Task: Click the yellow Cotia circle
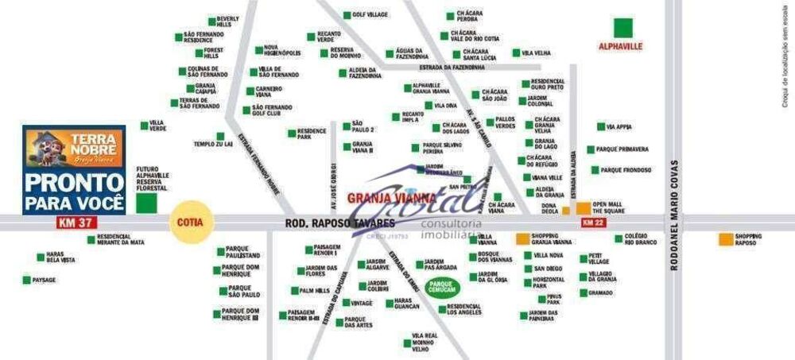pyautogui.click(x=191, y=222)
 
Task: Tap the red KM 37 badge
pyautogui.click(x=73, y=223)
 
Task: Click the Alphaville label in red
pyautogui.click(x=620, y=47)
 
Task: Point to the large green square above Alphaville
pyautogui.click(x=622, y=27)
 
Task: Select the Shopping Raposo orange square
pyautogui.click(x=726, y=238)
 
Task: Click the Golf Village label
pyautogui.click(x=370, y=15)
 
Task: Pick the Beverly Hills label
pyautogui.click(x=227, y=21)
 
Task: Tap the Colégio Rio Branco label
pyautogui.click(x=641, y=238)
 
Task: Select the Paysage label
pyautogui.click(x=45, y=280)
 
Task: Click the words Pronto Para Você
pyautogui.click(x=74, y=192)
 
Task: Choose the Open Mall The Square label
pyautogui.click(x=609, y=207)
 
